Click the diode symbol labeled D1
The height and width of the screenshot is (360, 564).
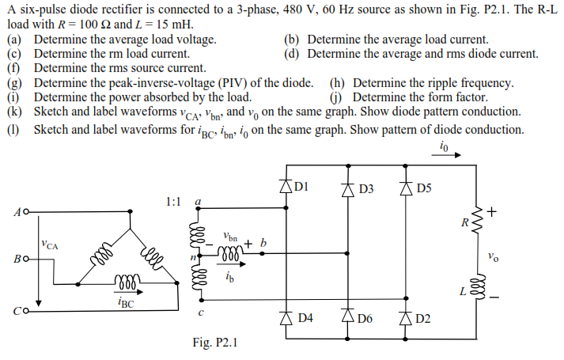tap(285, 188)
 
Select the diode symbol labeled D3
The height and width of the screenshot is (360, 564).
tap(346, 188)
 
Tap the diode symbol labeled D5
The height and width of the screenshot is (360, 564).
tap(406, 188)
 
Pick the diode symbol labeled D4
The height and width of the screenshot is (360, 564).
tap(285, 317)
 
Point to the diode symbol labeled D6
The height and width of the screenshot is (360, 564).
tap(346, 318)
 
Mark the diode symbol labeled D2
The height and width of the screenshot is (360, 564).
tap(406, 318)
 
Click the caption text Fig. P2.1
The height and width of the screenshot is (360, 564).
tap(214, 343)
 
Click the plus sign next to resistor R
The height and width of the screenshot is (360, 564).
tap(492, 211)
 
